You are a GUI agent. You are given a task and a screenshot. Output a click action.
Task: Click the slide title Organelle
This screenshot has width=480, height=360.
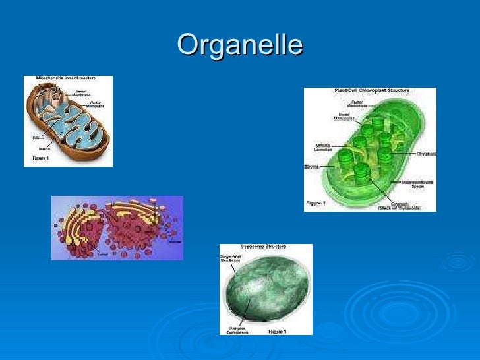click(x=240, y=45)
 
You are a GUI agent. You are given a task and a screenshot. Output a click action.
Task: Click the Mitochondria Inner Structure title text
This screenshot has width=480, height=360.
click(x=65, y=78)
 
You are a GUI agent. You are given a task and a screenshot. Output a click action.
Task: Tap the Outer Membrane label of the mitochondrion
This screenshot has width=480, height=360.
click(x=95, y=104)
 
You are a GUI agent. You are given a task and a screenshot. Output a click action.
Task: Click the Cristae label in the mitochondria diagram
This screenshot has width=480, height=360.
click(x=38, y=138)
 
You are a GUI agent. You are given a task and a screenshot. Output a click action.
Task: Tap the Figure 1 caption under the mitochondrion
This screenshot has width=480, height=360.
click(x=40, y=159)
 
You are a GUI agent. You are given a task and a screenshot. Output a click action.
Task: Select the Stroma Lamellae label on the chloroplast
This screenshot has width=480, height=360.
click(x=322, y=148)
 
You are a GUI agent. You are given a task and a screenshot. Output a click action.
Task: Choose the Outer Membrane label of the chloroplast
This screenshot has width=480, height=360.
click(x=357, y=104)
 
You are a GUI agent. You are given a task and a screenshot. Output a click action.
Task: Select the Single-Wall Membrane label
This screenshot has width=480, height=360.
click(x=230, y=259)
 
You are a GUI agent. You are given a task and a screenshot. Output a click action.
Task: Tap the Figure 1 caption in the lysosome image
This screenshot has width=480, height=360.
click(x=278, y=331)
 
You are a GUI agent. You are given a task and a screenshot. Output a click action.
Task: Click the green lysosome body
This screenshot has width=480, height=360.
click(x=267, y=290)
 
